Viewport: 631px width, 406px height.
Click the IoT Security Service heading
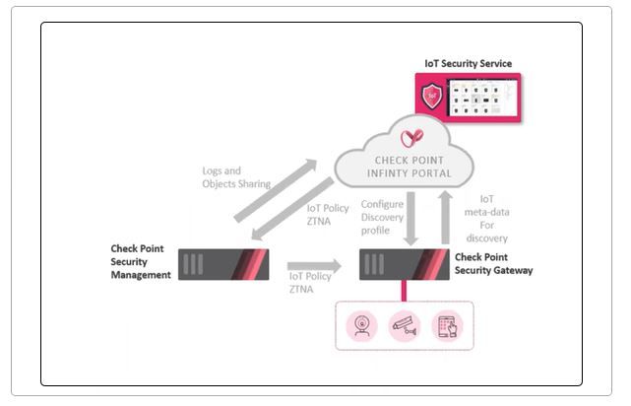click(x=468, y=64)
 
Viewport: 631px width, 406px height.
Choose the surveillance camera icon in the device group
click(x=404, y=323)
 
